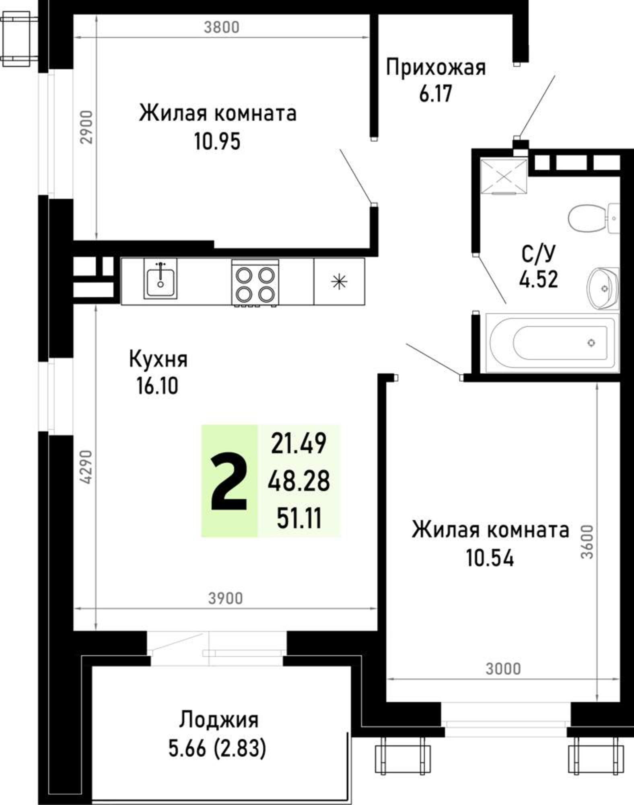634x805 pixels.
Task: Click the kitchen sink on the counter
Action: tap(161, 278)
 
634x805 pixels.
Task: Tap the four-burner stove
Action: tap(255, 283)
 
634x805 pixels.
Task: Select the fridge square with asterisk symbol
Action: tap(339, 281)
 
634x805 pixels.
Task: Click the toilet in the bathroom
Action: tap(589, 218)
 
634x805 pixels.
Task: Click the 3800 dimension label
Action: tap(221, 27)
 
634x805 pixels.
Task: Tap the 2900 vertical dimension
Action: tap(86, 127)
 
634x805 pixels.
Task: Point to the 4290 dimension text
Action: tap(86, 466)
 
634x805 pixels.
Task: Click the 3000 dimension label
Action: tap(503, 669)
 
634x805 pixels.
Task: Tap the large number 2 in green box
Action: tap(228, 481)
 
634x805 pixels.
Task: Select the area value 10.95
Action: tap(217, 141)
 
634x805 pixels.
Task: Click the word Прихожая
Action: tap(436, 68)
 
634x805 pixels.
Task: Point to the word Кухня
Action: tap(158, 359)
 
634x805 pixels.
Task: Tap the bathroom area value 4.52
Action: tap(538, 279)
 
